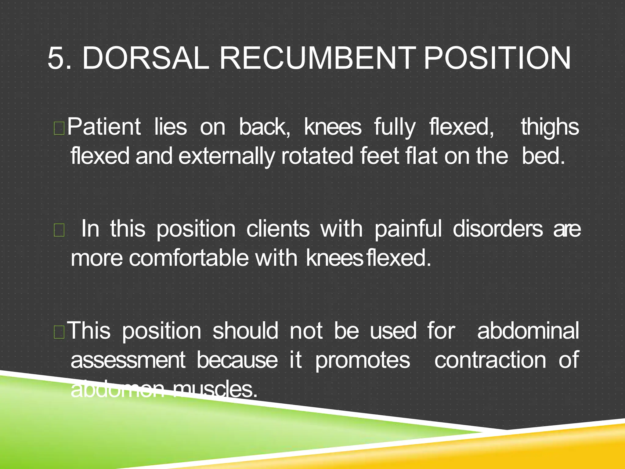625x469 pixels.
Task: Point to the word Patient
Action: (104, 127)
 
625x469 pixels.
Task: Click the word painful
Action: (408, 229)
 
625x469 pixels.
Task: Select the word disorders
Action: (498, 229)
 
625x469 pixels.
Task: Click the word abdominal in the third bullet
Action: (528, 331)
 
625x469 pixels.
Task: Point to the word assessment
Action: (128, 360)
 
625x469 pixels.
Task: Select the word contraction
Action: (490, 360)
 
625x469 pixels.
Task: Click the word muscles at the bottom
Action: (215, 389)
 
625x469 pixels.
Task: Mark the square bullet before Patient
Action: (59, 128)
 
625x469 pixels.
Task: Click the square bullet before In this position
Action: (59, 231)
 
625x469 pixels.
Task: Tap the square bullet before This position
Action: (59, 332)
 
